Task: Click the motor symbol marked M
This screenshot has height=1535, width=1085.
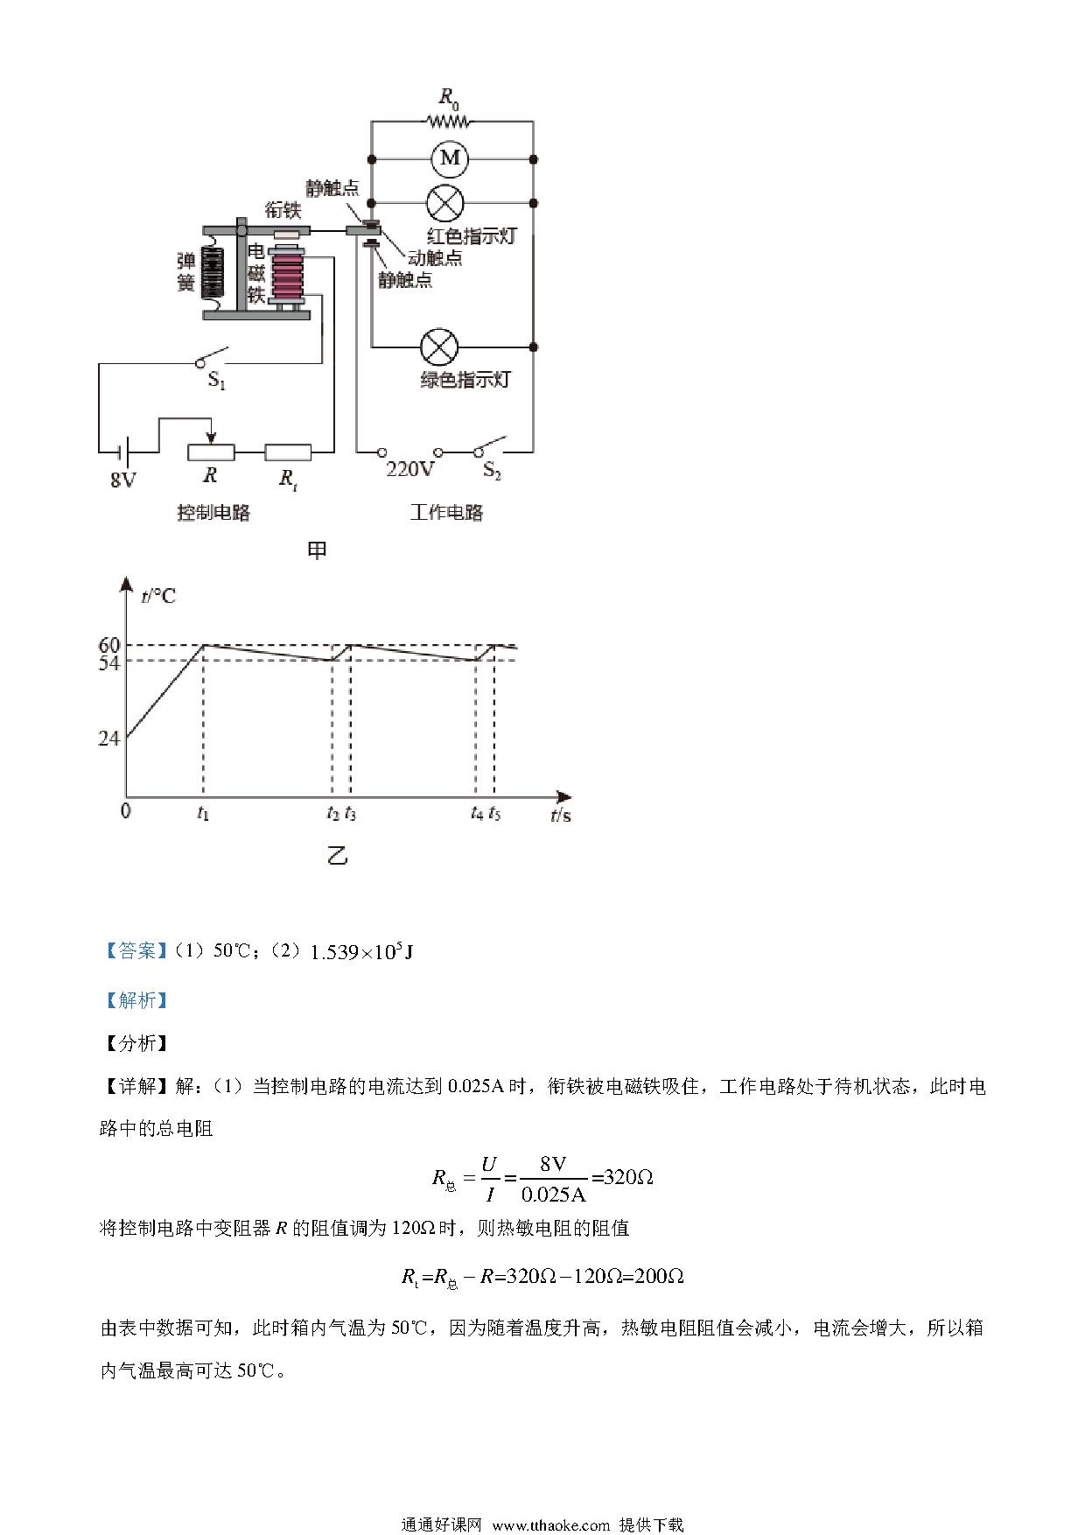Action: click(x=450, y=158)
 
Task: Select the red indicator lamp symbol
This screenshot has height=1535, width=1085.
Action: click(x=444, y=203)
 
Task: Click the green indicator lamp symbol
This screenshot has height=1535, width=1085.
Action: click(x=440, y=347)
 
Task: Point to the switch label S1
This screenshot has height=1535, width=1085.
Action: click(x=216, y=381)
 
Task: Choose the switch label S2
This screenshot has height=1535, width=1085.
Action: click(x=493, y=472)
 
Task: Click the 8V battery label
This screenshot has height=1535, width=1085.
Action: click(x=123, y=480)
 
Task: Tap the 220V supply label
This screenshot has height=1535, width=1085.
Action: click(x=410, y=469)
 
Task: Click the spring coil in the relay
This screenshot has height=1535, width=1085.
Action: click(x=215, y=271)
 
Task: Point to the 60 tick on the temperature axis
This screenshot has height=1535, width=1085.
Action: click(x=109, y=645)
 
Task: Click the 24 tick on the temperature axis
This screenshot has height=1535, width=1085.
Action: click(x=109, y=738)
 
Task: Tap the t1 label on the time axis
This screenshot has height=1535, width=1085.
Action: click(x=203, y=813)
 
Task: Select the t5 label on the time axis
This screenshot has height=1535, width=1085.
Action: click(x=495, y=813)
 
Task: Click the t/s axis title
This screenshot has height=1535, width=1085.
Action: click(x=561, y=815)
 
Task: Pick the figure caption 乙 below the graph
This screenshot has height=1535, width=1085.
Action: click(x=337, y=855)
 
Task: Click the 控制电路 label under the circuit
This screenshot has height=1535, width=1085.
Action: click(x=213, y=513)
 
